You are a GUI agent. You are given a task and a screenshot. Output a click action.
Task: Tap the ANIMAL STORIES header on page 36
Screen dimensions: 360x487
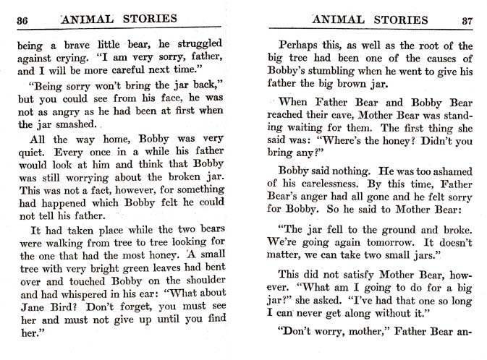pos(121,19)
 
